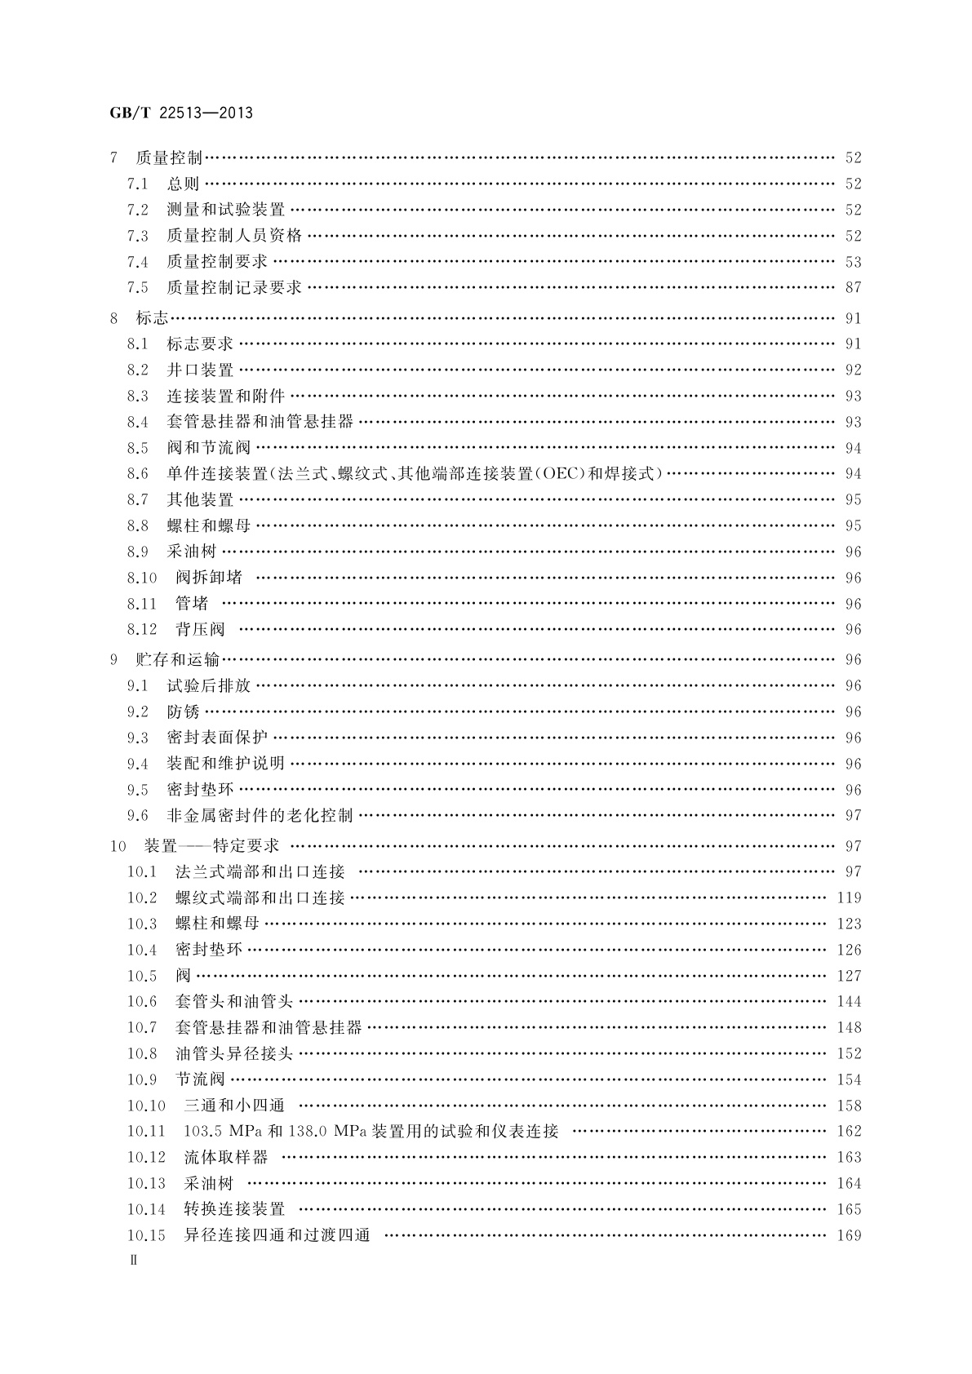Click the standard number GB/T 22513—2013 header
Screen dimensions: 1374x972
pos(180,113)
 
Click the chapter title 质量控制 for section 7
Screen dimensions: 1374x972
pos(169,158)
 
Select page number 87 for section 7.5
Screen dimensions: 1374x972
pos(853,288)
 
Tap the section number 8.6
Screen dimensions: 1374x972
pos(138,474)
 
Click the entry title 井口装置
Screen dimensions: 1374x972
pos(200,370)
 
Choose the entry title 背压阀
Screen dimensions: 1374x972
pos(200,630)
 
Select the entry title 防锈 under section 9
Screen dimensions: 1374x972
pos(183,712)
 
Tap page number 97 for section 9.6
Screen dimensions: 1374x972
pos(853,816)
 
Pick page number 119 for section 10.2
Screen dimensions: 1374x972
pos(849,898)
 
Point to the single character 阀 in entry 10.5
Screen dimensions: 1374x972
pos(183,976)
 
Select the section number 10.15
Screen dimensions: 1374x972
pos(146,1235)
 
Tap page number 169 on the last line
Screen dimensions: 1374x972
pos(849,1235)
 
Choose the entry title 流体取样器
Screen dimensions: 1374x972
pos(226,1158)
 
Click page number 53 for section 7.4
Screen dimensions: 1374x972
pos(853,263)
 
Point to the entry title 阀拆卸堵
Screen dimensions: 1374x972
pos(209,578)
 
